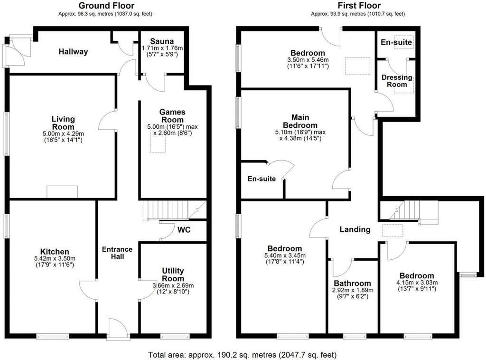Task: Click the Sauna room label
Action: [162, 41]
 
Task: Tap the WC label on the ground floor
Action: [184, 230]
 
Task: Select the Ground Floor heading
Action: [106, 6]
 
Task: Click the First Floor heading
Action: [359, 6]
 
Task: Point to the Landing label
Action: [355, 229]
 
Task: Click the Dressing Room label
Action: [397, 81]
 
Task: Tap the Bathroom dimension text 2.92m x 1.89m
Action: [353, 290]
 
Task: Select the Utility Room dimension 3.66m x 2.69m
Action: [173, 285]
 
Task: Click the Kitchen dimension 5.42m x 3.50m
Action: [55, 259]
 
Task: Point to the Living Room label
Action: [63, 123]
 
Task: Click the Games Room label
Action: [172, 116]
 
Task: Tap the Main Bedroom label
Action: [300, 121]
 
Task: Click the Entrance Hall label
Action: [117, 253]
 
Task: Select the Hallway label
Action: [74, 51]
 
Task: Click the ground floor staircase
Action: [174, 210]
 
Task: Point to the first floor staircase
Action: [409, 210]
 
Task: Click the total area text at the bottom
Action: [242, 355]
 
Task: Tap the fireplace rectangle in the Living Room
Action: [62, 191]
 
